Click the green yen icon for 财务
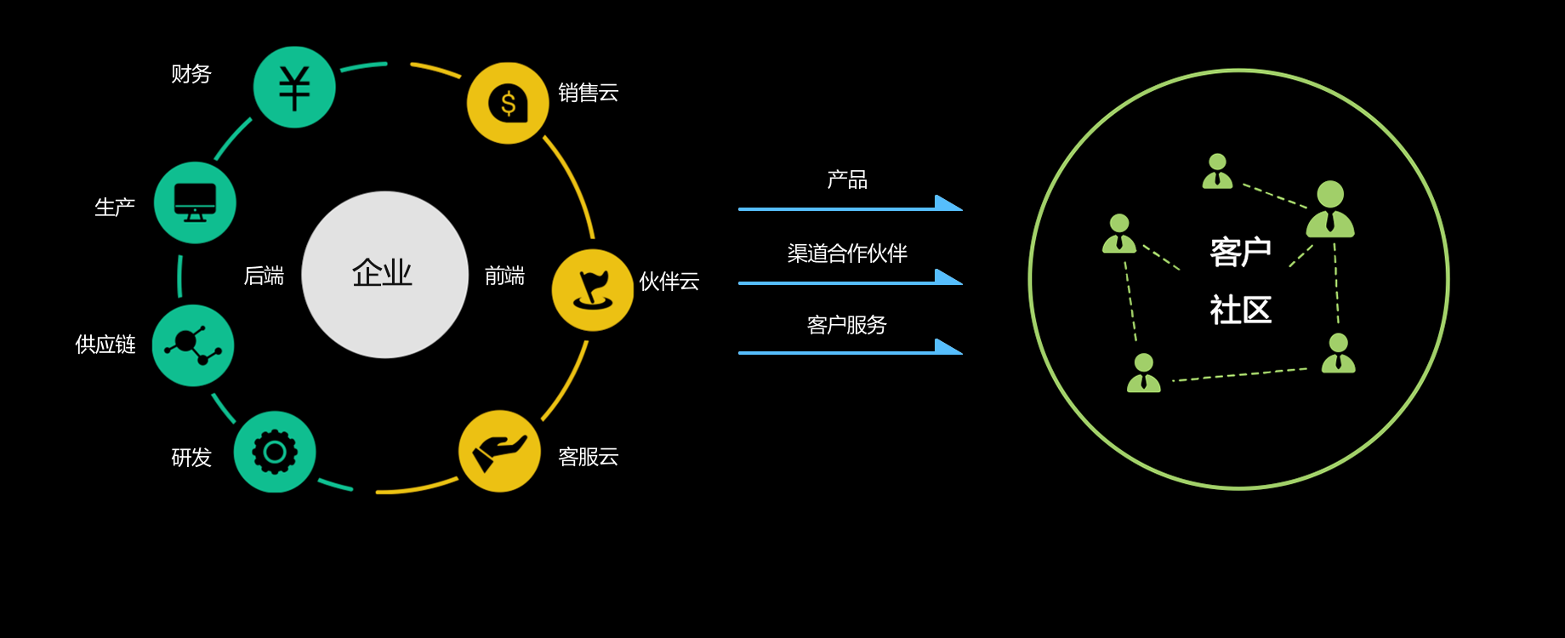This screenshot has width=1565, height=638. [294, 87]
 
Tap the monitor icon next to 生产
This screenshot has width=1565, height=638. [195, 202]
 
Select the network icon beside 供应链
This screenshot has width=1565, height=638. [193, 345]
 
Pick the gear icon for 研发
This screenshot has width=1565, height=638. [275, 452]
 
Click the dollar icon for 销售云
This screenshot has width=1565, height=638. [508, 103]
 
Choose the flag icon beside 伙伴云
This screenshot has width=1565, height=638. [593, 290]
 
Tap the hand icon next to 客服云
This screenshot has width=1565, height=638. [499, 451]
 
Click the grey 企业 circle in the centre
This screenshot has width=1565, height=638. [385, 275]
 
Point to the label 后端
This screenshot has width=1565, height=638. [264, 276]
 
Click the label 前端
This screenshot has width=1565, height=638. [504, 276]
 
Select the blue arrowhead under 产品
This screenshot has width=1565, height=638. [948, 203]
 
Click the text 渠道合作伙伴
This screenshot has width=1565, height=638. [847, 253]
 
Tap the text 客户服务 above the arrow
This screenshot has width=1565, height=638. [847, 325]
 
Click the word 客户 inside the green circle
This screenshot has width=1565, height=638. [1241, 253]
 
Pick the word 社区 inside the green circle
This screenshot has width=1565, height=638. [1241, 310]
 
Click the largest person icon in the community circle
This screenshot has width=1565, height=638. [1330, 208]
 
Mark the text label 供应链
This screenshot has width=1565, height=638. [105, 345]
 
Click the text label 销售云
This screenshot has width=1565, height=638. [589, 93]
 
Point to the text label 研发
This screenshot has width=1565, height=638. [191, 458]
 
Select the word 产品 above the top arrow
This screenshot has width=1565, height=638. [847, 179]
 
